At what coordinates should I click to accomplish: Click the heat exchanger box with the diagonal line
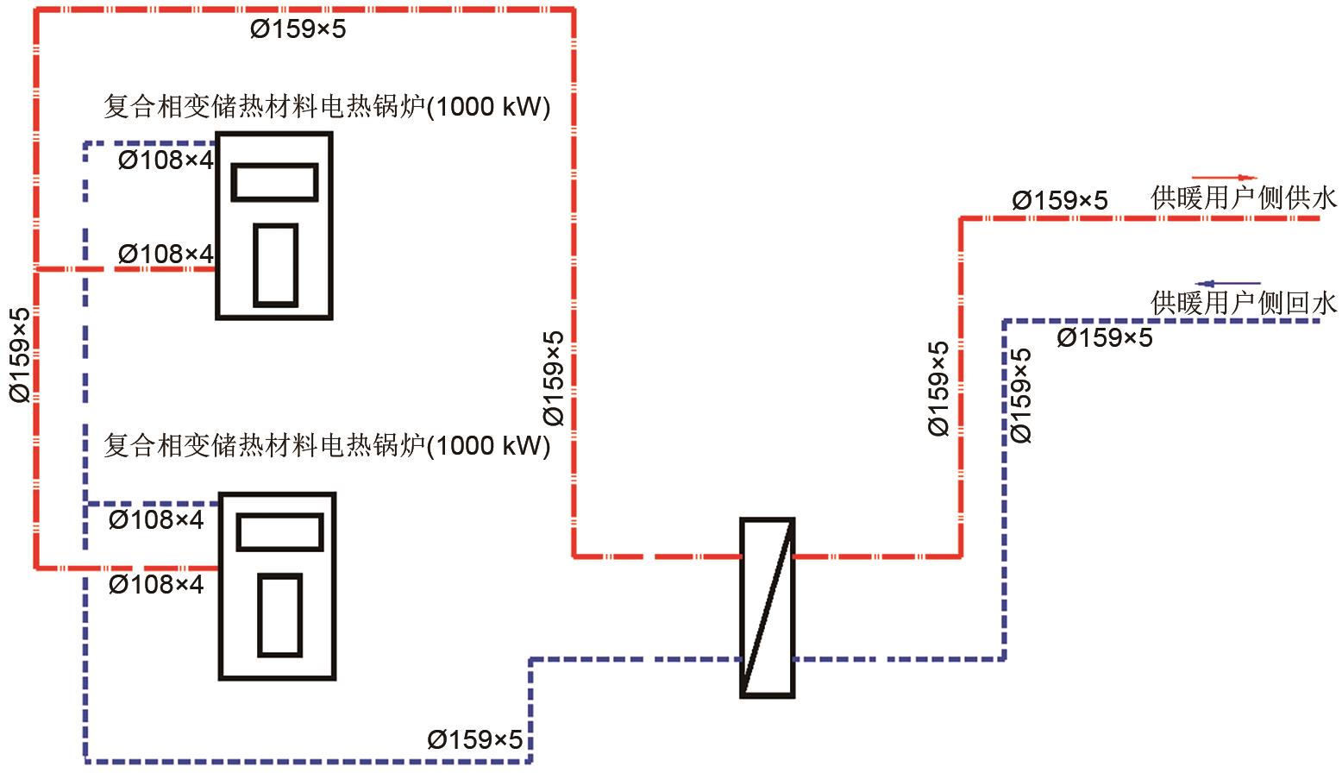(768, 607)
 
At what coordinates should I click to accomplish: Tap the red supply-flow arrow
(1225, 178)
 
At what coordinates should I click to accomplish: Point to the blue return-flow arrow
(1227, 284)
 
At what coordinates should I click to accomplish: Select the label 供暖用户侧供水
(1244, 198)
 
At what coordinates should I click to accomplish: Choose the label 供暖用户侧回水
(1244, 303)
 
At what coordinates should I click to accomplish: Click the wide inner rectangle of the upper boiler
(274, 182)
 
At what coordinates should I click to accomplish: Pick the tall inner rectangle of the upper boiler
(276, 266)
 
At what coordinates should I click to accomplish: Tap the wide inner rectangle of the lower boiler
(279, 531)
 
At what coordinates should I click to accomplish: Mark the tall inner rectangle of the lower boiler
(279, 615)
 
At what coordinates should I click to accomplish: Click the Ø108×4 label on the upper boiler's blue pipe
(166, 160)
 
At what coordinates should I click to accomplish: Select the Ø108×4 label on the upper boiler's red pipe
(166, 254)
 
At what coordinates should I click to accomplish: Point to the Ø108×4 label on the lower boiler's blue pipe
(156, 520)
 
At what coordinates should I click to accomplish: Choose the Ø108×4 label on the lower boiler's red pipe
(156, 584)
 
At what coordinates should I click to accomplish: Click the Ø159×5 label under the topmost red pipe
(298, 28)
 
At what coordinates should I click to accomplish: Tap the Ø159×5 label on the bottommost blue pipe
(474, 740)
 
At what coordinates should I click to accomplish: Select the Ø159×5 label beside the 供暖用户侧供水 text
(1060, 200)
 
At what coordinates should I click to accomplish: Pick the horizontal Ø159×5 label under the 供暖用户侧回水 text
(1104, 338)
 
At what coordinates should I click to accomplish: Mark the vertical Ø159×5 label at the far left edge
(20, 355)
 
